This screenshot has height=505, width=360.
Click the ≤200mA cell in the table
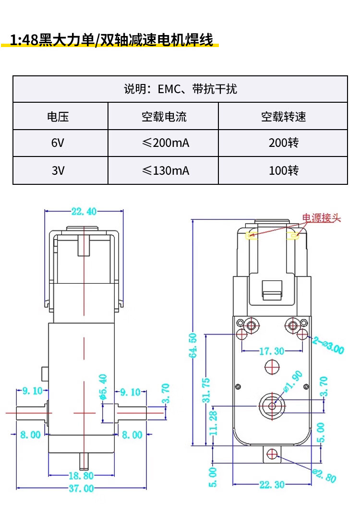coord(163,143)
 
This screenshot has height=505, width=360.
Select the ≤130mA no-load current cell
coord(163,170)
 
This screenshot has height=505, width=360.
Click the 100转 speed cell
coord(283,170)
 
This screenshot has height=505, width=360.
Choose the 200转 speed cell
coord(283,143)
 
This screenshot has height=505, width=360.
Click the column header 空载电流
coord(163,116)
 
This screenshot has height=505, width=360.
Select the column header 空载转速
coord(283,116)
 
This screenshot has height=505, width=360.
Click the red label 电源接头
coord(321,218)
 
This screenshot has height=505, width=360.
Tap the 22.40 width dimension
coord(84,211)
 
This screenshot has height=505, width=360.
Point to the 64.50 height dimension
coord(193,346)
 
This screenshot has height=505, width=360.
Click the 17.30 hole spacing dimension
coord(272,351)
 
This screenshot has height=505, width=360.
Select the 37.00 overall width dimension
coord(82,489)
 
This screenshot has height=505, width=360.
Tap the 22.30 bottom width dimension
coord(272,485)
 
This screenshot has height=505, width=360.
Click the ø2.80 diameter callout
coord(324,475)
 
